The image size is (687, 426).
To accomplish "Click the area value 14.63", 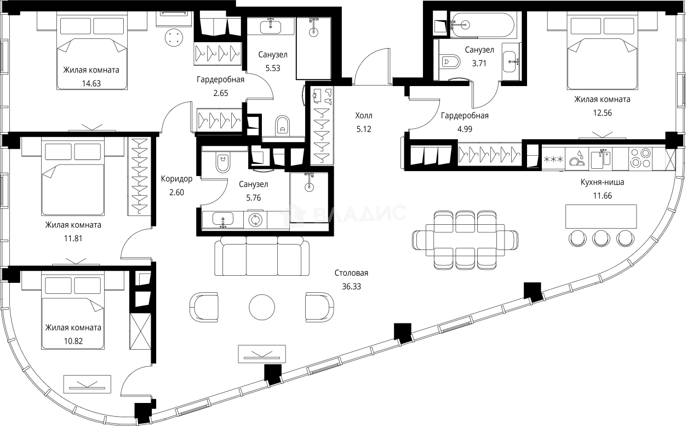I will (x=91, y=84).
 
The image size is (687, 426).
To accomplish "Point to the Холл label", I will (x=363, y=115).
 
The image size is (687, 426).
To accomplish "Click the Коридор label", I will (x=176, y=179).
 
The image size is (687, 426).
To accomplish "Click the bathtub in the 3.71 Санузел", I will (x=482, y=25).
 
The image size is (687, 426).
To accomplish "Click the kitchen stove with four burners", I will (x=639, y=158).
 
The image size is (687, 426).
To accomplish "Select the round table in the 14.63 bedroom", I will (x=175, y=38).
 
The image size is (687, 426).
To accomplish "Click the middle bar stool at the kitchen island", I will (x=602, y=238).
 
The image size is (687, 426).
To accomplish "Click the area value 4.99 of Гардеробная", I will (x=465, y=129).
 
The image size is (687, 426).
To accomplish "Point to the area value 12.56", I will (x=602, y=113).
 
